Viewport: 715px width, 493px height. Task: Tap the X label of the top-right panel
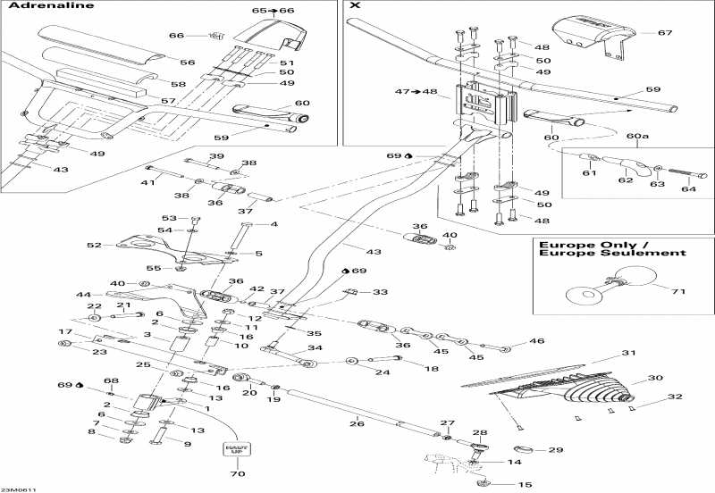click(355, 6)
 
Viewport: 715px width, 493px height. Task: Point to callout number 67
click(663, 33)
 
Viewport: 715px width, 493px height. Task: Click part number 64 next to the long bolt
click(688, 188)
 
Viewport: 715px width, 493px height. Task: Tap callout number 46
click(536, 341)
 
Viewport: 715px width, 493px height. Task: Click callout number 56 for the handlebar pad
click(187, 63)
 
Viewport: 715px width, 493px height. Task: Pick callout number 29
click(555, 449)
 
